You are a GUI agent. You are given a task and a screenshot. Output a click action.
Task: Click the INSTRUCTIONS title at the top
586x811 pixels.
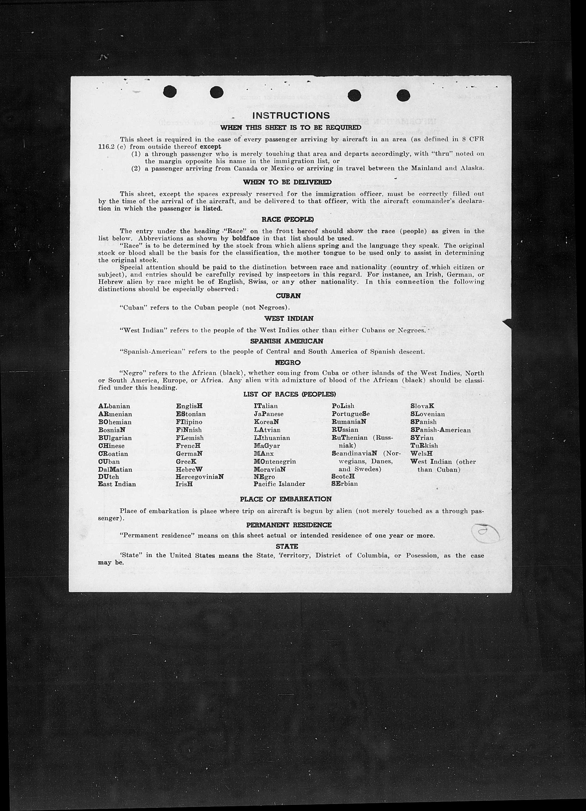coord(291,116)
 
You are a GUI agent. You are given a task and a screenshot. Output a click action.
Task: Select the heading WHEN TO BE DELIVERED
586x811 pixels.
coord(287,182)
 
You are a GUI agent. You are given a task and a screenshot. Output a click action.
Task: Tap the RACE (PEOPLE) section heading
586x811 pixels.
coord(287,220)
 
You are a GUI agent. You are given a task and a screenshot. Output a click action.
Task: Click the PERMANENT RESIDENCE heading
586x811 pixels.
coord(289,525)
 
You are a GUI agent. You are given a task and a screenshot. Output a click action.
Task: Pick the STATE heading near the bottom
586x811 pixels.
coord(287,546)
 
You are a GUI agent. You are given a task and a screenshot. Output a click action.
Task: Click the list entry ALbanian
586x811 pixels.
coord(114,406)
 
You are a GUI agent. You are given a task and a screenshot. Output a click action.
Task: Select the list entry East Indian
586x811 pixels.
coord(117,484)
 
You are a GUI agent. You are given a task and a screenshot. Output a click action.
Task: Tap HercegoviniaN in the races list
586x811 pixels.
coord(200,477)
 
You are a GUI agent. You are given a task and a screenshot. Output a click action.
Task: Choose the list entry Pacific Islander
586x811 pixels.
coord(279,484)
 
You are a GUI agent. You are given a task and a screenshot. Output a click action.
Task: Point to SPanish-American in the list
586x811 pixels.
coord(440,430)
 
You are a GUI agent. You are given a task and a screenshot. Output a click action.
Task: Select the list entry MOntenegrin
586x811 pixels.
coord(275,461)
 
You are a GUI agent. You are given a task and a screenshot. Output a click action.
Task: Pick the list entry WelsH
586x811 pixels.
coord(421,454)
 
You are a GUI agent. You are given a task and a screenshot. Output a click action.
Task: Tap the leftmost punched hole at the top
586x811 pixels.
coord(170,92)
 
